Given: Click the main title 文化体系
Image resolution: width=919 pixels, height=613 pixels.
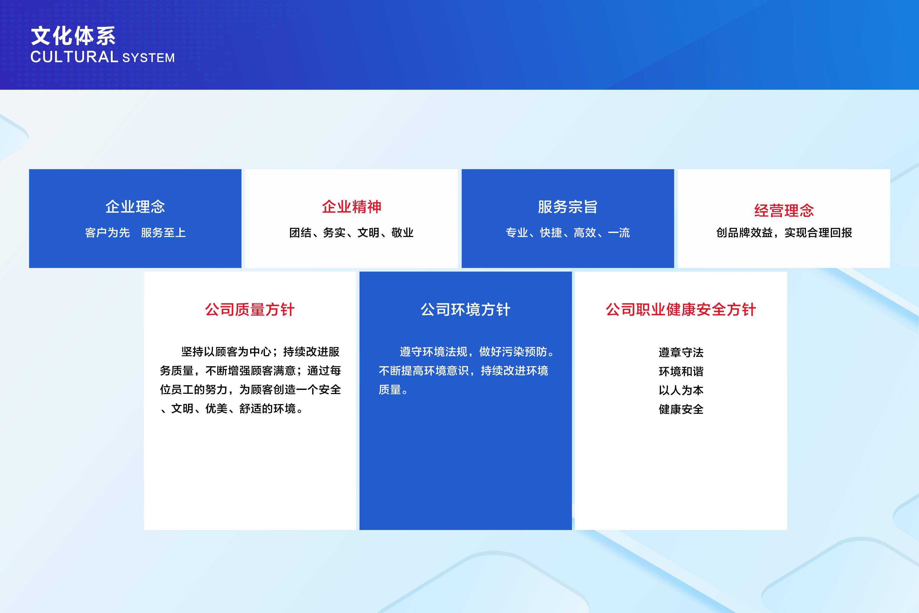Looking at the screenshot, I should [73, 36].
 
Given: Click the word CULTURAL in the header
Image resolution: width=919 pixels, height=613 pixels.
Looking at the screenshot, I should [74, 57].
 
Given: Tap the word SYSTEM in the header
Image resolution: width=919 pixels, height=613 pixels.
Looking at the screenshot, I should [149, 58].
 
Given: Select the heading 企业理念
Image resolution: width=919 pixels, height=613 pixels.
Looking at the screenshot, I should [135, 207].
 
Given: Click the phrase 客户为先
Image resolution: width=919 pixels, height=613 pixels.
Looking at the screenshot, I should [107, 233].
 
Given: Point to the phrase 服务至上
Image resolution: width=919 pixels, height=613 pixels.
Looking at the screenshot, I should [163, 233].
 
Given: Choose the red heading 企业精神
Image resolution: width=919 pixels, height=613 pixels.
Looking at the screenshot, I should [351, 207].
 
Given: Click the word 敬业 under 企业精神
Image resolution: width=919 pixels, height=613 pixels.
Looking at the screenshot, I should [403, 233].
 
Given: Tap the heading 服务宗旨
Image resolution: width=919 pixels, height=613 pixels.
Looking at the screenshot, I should [568, 207].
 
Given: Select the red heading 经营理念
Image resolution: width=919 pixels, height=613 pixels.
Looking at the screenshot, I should [784, 211].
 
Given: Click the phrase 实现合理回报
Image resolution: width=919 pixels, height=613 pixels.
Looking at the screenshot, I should [818, 233].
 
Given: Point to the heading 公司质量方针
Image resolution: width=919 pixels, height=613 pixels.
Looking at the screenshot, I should [250, 310].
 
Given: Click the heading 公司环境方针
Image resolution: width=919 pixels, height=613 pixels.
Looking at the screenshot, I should [466, 310].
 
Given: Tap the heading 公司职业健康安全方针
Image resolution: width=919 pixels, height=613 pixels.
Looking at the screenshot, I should [681, 310].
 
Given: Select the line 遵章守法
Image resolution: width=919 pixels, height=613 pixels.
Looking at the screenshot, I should [681, 352].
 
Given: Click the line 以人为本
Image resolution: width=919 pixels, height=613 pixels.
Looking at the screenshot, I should [681, 390].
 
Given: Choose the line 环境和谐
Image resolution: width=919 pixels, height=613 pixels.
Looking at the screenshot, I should [681, 371].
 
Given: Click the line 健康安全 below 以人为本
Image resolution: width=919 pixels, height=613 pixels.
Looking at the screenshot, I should [681, 409].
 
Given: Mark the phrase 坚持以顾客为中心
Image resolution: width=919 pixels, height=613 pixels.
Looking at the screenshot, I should [226, 352].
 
